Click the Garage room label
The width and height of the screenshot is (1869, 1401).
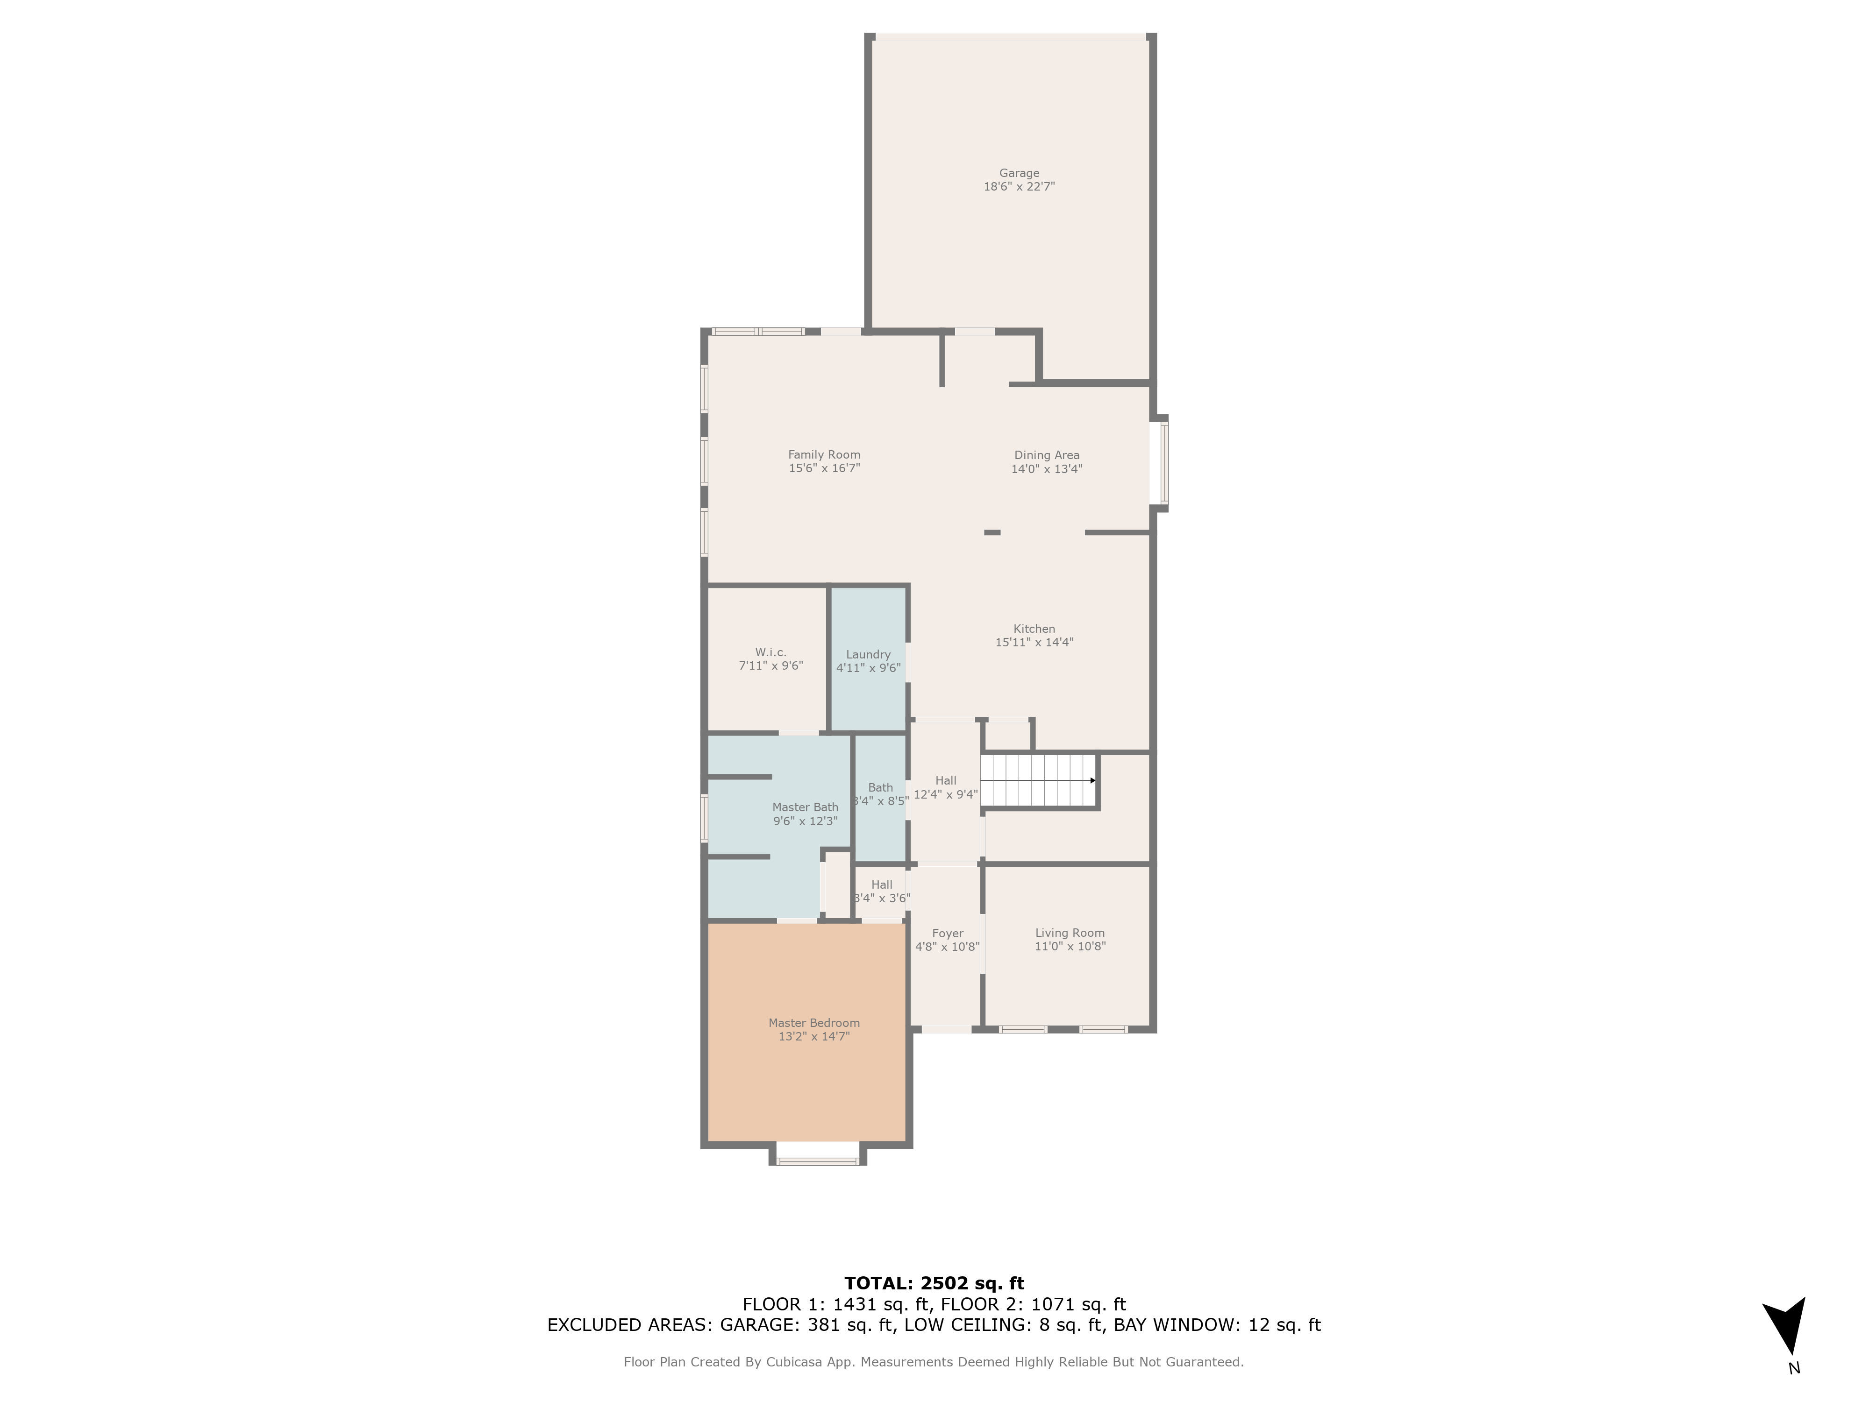pos(1019,173)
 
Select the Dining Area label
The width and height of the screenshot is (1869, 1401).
pos(1046,455)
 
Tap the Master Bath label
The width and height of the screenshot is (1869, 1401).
pos(805,807)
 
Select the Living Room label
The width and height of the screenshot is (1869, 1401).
pos(1069,933)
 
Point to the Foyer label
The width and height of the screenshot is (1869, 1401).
pos(947,933)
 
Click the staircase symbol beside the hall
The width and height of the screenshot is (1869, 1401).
pos(1038,780)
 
